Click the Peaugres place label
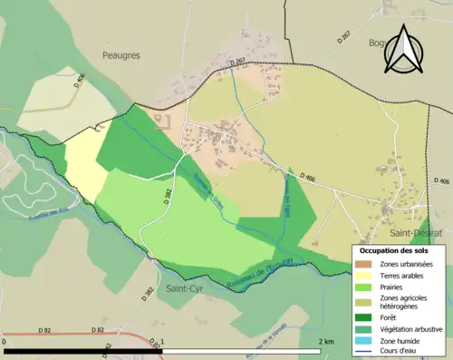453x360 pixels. [x=120, y=55]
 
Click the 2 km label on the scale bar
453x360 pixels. [x=327, y=341]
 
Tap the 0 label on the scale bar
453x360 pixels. [x=5, y=341]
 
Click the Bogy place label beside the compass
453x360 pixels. [x=375, y=43]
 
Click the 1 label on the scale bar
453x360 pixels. [x=162, y=341]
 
